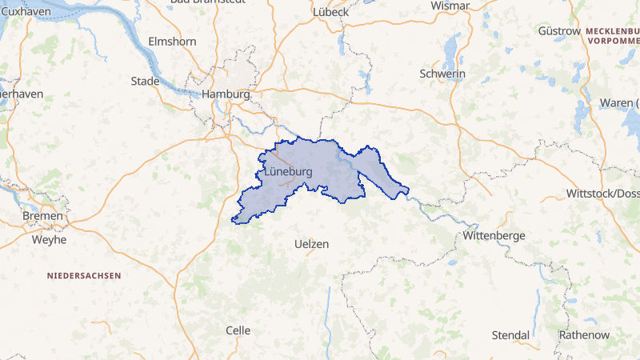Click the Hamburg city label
[226, 94]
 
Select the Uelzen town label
[311, 244]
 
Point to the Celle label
[238, 330]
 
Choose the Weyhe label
[48, 239]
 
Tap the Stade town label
[145, 81]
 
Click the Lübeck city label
[331, 12]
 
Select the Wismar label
[450, 6]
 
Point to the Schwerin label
[442, 74]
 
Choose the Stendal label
[510, 334]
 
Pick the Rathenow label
[584, 334]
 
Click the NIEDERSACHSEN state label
[84, 275]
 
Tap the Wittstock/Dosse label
[602, 194]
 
